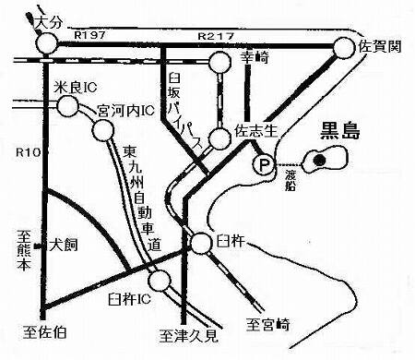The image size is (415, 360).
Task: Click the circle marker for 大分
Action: [x=45, y=43]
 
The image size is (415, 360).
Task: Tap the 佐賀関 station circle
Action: [x=343, y=48]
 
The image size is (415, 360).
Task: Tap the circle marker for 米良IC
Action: [x=67, y=106]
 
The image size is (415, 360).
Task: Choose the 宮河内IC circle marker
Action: [x=102, y=131]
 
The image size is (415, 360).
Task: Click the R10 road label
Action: [x=27, y=150]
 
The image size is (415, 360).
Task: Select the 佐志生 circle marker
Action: [x=219, y=139]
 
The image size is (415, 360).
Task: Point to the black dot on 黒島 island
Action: [x=320, y=160]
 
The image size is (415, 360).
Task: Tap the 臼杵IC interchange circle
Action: [x=160, y=280]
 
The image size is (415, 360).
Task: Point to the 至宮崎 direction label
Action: [x=267, y=323]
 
